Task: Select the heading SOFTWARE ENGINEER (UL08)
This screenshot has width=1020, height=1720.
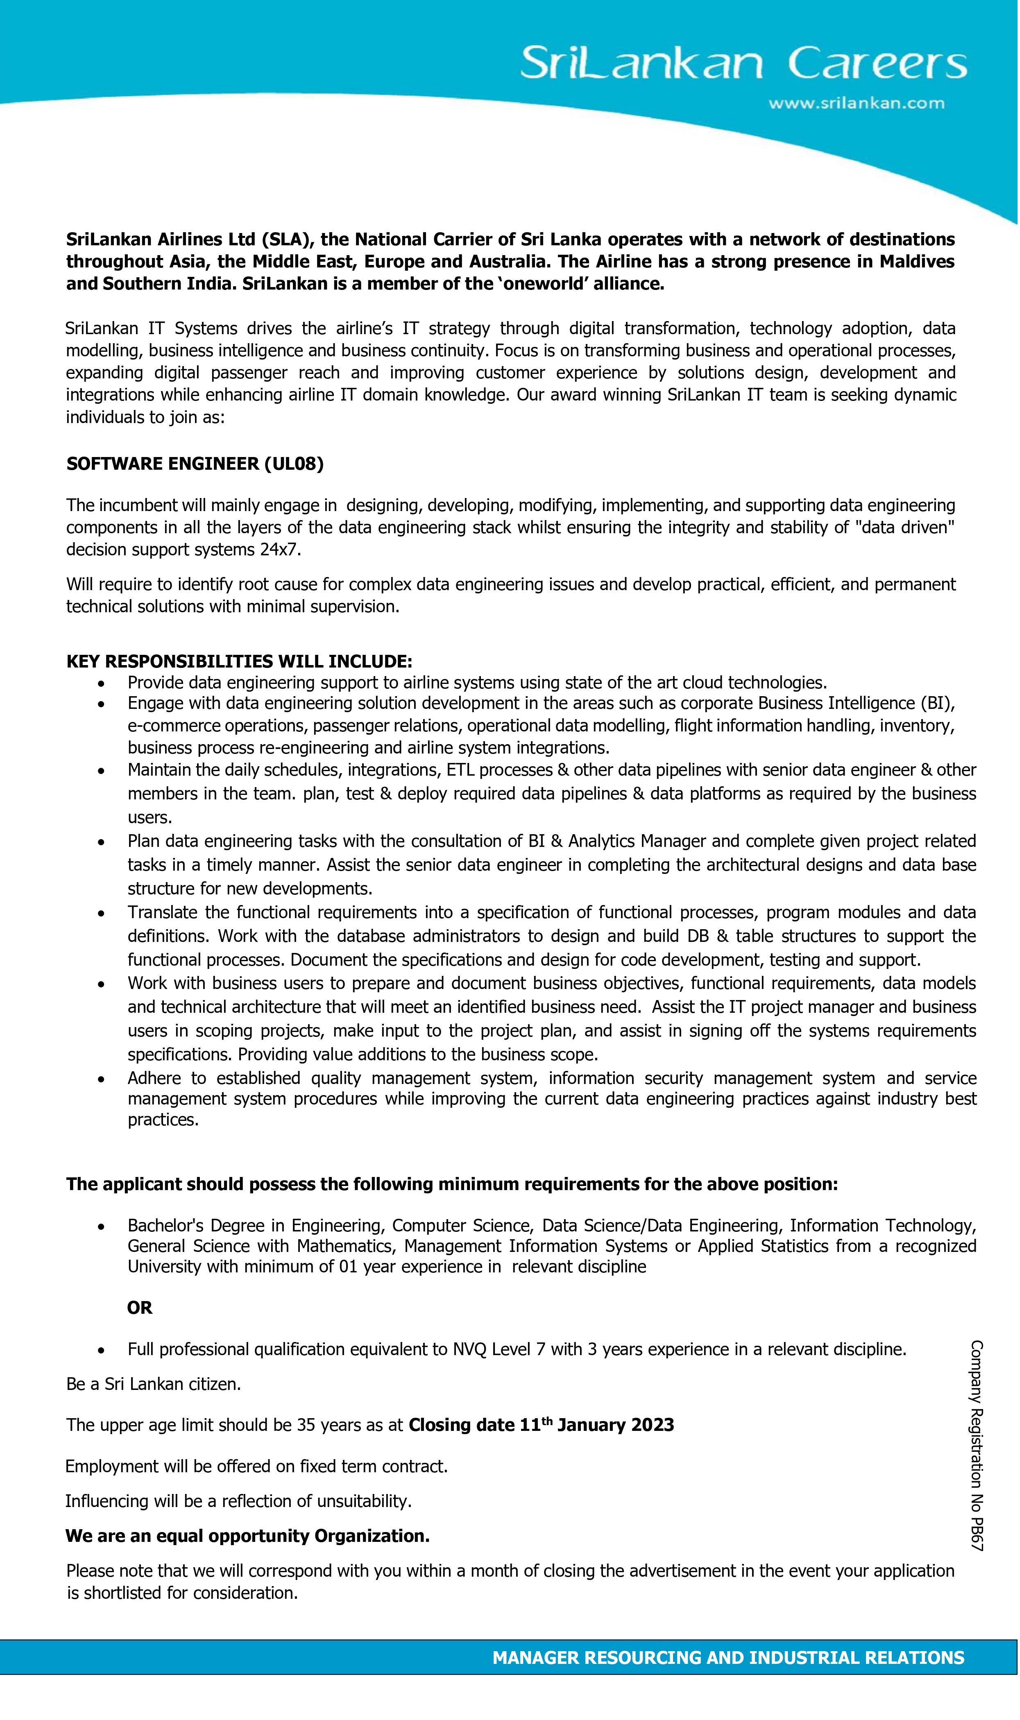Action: click(x=195, y=464)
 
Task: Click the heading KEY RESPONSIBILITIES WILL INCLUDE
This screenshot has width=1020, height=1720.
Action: click(x=239, y=661)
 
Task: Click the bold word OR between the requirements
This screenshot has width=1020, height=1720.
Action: click(x=140, y=1308)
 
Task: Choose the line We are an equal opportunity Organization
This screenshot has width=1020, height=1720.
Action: click(x=247, y=1536)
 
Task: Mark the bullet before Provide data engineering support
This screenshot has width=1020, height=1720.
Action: click(x=102, y=684)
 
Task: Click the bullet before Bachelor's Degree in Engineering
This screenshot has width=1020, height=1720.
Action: click(x=102, y=1227)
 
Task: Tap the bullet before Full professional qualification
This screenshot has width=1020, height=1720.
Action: click(x=102, y=1350)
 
